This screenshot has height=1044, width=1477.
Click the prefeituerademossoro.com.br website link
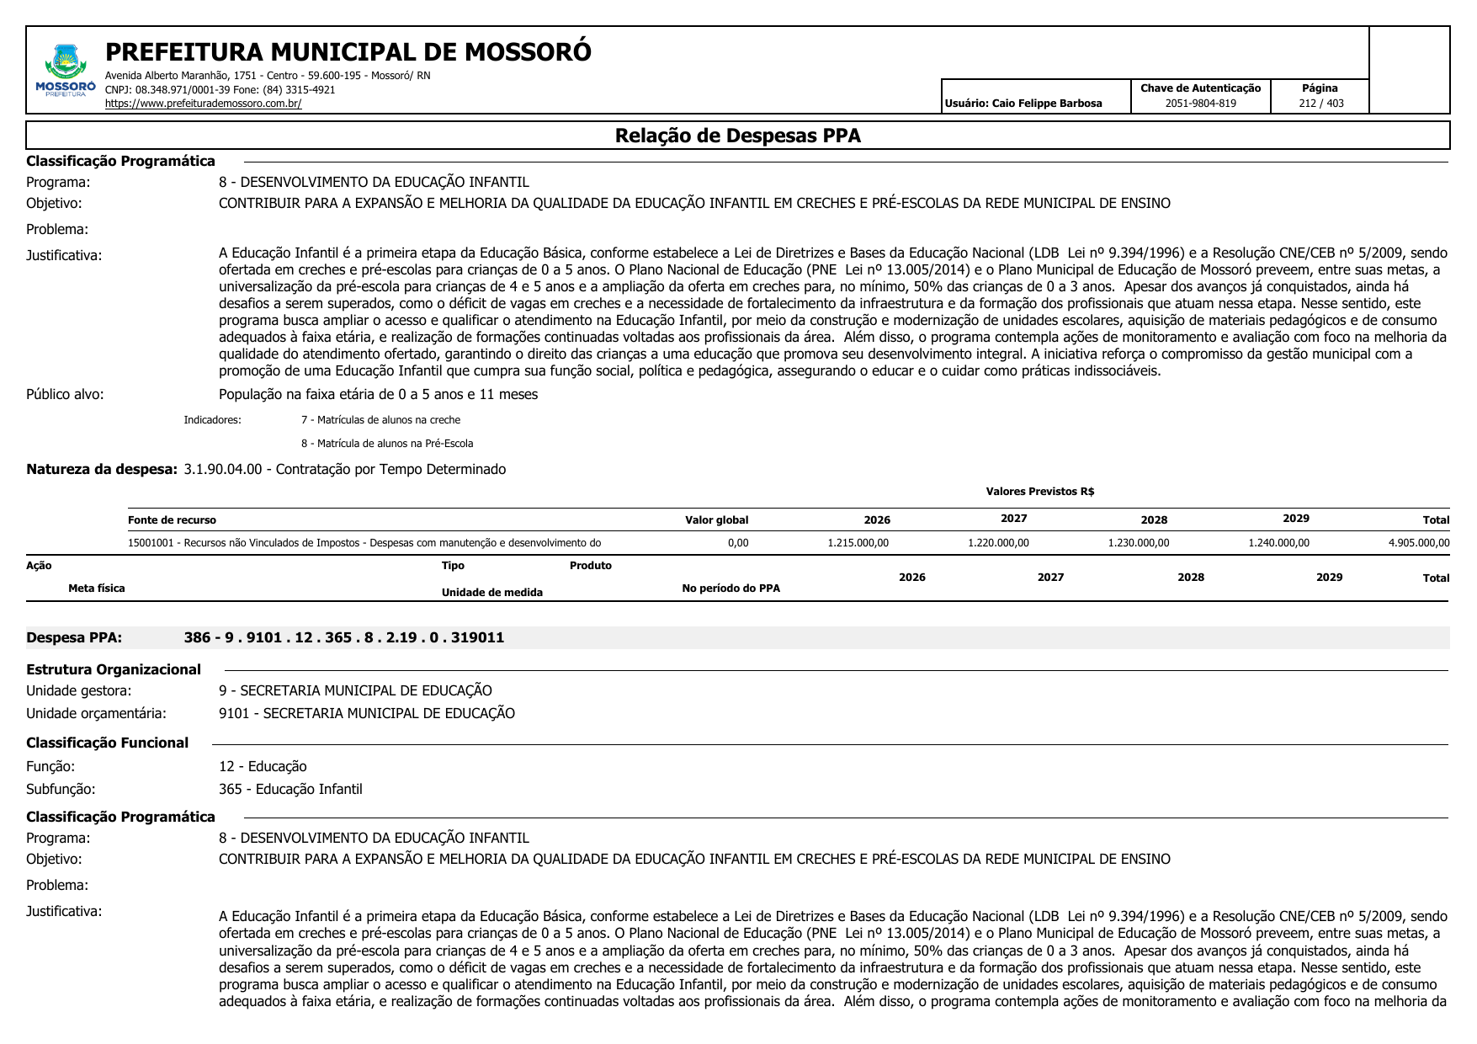(x=203, y=104)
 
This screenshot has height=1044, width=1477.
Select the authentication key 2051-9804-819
(x=1200, y=104)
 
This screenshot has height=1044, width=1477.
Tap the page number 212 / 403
(x=1320, y=104)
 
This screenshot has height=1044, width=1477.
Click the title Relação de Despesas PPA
(x=737, y=136)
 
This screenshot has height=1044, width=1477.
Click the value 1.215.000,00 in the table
(x=858, y=543)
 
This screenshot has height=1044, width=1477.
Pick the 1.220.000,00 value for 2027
(x=998, y=543)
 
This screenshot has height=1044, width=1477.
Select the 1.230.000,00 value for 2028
(x=1138, y=543)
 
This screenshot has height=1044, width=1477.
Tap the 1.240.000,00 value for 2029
(x=1278, y=543)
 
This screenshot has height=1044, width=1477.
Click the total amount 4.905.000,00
(x=1418, y=543)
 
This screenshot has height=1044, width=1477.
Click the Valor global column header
(x=716, y=520)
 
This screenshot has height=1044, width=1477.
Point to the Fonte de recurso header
(x=172, y=520)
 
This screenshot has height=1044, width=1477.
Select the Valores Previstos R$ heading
(x=1039, y=492)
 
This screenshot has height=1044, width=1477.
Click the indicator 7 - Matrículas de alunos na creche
(x=380, y=420)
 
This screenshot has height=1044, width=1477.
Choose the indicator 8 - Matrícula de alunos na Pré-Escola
(x=387, y=444)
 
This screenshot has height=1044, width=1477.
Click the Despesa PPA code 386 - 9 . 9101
(x=343, y=637)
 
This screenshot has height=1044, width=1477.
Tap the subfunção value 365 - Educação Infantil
(x=290, y=789)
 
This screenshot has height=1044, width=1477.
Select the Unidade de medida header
(x=491, y=593)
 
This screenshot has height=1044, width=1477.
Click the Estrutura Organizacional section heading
(x=114, y=669)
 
